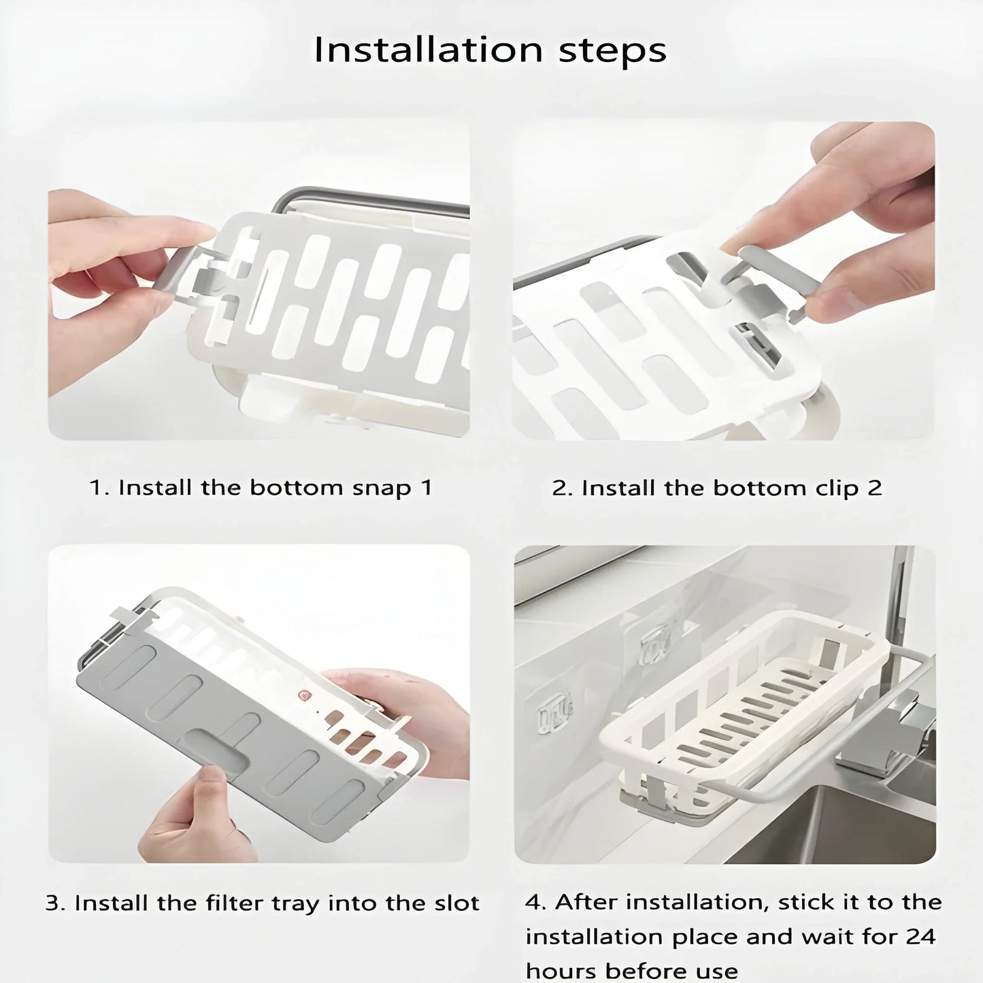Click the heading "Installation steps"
(x=490, y=50)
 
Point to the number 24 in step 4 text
(x=920, y=937)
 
